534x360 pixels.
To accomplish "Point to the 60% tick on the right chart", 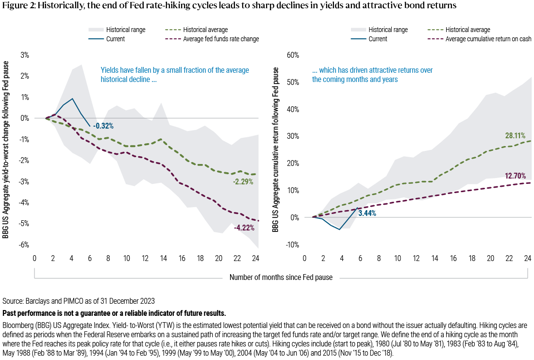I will tap(295, 55).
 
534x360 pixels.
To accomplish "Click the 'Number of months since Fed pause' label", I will tap(281, 278).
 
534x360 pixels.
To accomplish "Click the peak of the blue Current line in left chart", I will tap(72, 98).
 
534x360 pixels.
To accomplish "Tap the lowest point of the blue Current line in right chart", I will tap(339, 229).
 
